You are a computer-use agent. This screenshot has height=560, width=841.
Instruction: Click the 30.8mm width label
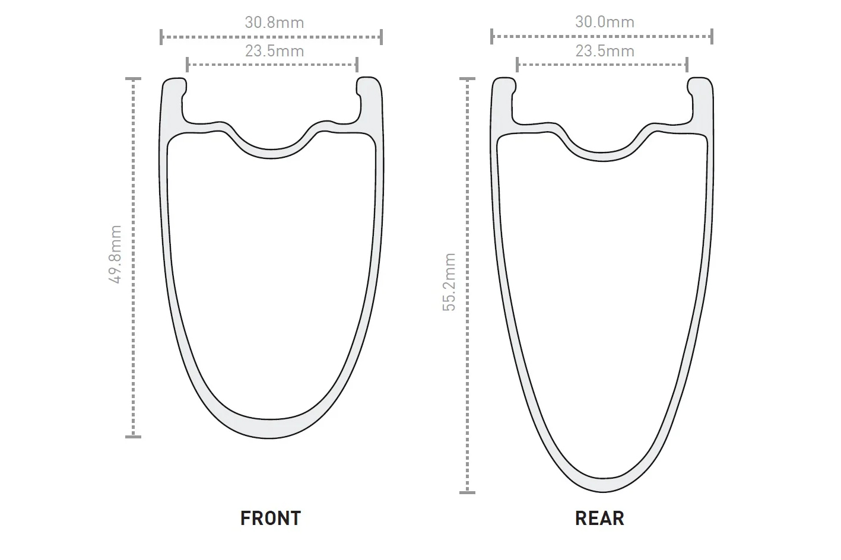pyautogui.click(x=274, y=23)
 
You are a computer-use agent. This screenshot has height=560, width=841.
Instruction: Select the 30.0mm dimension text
pyautogui.click(x=604, y=22)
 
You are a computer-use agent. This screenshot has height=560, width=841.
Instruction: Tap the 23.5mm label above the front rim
pyautogui.click(x=274, y=51)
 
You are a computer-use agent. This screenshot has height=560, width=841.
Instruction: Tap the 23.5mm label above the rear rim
pyautogui.click(x=604, y=51)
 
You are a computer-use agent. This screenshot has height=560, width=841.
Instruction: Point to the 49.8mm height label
pyautogui.click(x=116, y=254)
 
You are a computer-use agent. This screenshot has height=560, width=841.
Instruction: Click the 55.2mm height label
pyautogui.click(x=449, y=282)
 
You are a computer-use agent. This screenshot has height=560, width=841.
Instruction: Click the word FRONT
pyautogui.click(x=270, y=518)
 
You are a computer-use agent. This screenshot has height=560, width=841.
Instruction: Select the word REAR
pyautogui.click(x=599, y=518)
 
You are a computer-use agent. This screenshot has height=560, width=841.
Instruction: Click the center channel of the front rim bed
pyautogui.click(x=270, y=153)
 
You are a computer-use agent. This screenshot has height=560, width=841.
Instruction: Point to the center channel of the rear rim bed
pyautogui.click(x=602, y=157)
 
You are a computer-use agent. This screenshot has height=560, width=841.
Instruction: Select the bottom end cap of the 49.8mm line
pyautogui.click(x=133, y=437)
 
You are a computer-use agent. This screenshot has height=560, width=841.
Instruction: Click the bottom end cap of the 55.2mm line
pyautogui.click(x=467, y=492)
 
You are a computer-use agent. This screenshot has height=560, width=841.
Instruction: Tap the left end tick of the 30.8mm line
pyautogui.click(x=161, y=37)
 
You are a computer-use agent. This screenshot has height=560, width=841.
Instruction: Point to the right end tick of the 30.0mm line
pyautogui.click(x=712, y=36)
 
